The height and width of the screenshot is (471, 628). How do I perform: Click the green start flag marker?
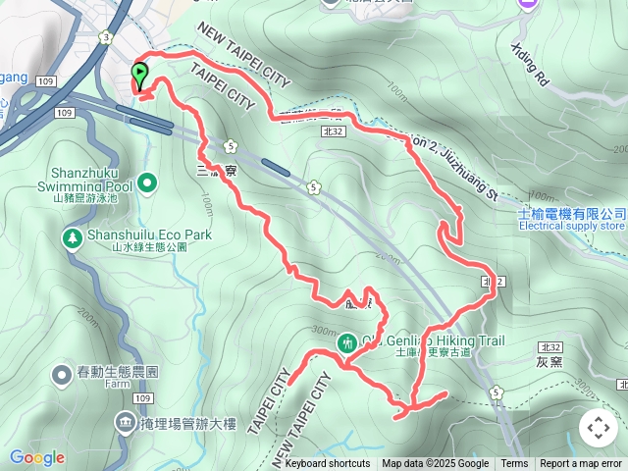[x=139, y=73]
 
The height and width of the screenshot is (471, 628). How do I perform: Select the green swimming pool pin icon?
[x=148, y=182]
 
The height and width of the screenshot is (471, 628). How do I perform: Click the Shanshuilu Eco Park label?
[x=135, y=235]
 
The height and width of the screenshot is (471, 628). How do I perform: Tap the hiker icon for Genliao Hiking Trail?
[x=347, y=343]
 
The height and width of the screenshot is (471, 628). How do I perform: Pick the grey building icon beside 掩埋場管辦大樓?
[x=126, y=423]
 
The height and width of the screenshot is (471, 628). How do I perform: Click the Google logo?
[x=36, y=457]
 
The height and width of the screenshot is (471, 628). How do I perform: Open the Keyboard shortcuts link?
[x=328, y=464]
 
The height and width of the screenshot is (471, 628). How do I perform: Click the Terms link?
[x=514, y=464]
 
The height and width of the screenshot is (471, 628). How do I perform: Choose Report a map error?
[x=582, y=464]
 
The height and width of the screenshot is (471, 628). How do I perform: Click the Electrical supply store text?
[x=571, y=227]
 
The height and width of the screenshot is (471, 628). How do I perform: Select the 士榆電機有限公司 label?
[x=573, y=213]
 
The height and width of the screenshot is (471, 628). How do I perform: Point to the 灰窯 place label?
[x=549, y=362]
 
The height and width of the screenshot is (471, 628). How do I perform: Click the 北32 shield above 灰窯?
[x=549, y=347]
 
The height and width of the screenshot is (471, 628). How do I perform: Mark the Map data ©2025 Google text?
[x=435, y=464]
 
